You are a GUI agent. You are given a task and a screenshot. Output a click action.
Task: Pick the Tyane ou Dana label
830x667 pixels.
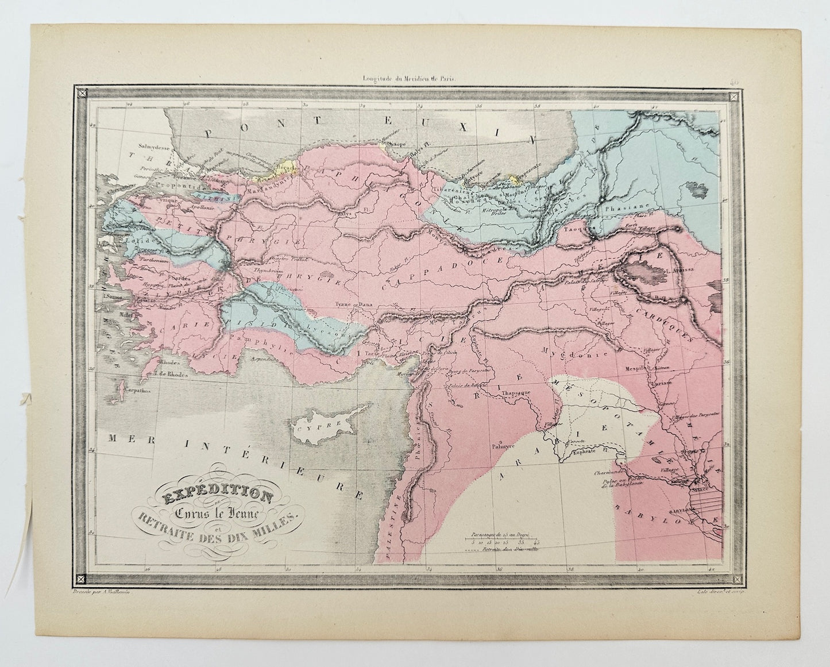[351, 304]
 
